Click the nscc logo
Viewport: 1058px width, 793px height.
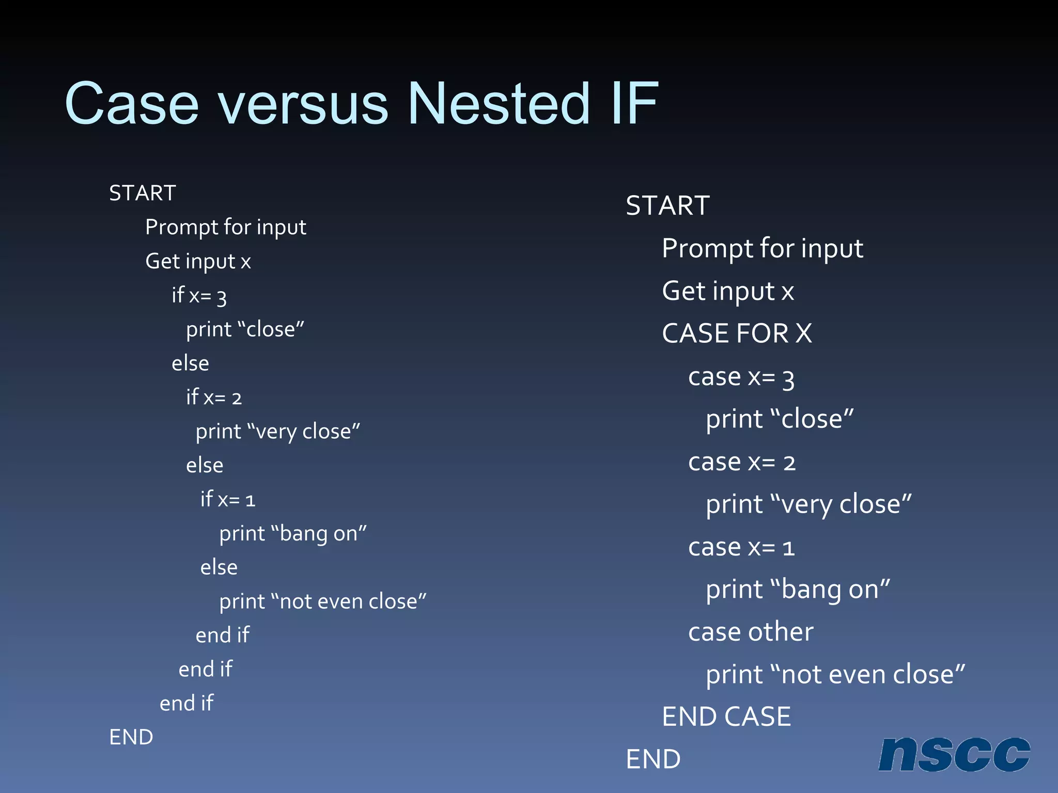pyautogui.click(x=954, y=754)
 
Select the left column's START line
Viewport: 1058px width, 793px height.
pyautogui.click(x=143, y=193)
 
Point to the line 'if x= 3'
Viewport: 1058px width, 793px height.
pyautogui.click(x=199, y=296)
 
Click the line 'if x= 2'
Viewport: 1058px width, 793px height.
pyautogui.click(x=214, y=398)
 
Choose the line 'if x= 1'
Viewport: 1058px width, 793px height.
pyautogui.click(x=228, y=499)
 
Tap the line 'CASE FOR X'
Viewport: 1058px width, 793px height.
pyautogui.click(x=737, y=334)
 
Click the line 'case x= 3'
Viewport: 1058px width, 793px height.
pyautogui.click(x=741, y=377)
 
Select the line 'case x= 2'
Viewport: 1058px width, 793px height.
pyautogui.click(x=742, y=462)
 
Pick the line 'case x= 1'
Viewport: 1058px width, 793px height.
pyautogui.click(x=741, y=547)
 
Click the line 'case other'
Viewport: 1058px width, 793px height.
pyautogui.click(x=751, y=632)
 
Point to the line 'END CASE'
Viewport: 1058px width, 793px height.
pyautogui.click(x=726, y=717)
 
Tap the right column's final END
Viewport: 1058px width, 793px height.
pyautogui.click(x=653, y=759)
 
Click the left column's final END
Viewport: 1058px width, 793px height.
pyautogui.click(x=131, y=737)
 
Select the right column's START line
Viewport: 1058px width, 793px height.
pyautogui.click(x=667, y=205)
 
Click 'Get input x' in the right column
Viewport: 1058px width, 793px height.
pyautogui.click(x=728, y=291)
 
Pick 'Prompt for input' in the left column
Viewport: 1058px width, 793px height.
pyautogui.click(x=226, y=227)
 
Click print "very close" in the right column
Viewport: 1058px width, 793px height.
pyautogui.click(x=808, y=504)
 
